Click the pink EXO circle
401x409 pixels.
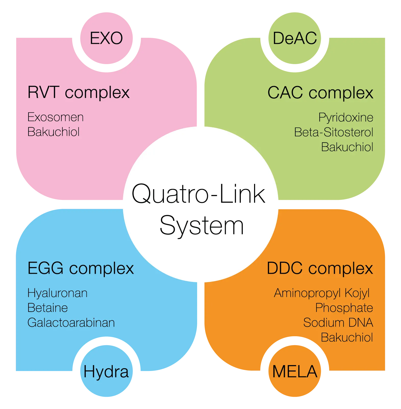(106, 38)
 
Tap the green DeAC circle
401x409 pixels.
(295, 38)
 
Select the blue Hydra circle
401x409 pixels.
(106, 371)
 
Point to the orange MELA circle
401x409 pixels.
(295, 371)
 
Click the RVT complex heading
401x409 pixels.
(79, 93)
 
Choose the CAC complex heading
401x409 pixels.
(320, 93)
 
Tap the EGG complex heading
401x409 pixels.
(81, 269)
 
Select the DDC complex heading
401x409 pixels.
(320, 269)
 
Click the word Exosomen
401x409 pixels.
(55, 117)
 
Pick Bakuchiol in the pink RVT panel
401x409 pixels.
(53, 132)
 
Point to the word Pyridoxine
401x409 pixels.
(346, 118)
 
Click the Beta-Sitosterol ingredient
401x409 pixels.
(334, 132)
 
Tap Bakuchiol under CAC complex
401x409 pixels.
(347, 147)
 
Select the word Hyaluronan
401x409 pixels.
(57, 293)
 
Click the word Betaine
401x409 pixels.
(47, 308)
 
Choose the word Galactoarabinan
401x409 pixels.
(71, 323)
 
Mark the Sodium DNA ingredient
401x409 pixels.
(338, 323)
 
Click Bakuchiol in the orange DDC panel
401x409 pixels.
(347, 338)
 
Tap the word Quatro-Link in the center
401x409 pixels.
(198, 194)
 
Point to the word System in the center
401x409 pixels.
(202, 226)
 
